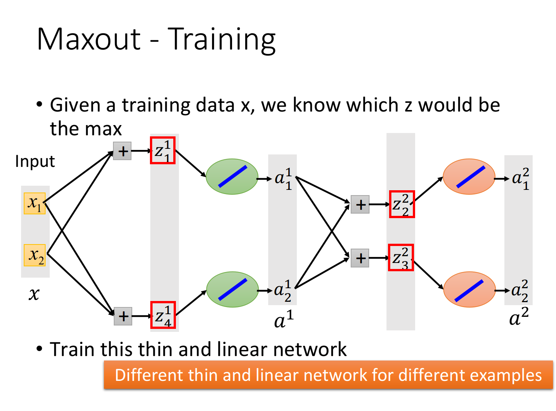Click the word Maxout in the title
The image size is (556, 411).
click(89, 39)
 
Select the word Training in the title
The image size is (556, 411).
click(221, 40)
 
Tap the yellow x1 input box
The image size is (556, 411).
click(35, 203)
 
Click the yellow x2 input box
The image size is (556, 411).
click(35, 255)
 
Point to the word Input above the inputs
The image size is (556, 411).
click(35, 161)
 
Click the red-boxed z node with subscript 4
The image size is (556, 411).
click(163, 315)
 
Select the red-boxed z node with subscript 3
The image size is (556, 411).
click(400, 257)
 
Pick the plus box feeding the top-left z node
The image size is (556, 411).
click(122, 151)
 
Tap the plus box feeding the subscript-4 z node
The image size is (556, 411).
click(123, 316)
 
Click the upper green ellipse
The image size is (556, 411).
click(232, 177)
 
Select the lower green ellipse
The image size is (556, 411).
click(232, 289)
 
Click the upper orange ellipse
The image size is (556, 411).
click(469, 177)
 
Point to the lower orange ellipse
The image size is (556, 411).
click(469, 289)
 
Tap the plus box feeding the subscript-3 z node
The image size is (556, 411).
click(360, 258)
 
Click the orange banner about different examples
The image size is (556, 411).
click(328, 374)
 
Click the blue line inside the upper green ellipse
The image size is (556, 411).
click(233, 177)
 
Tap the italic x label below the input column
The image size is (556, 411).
click(34, 294)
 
